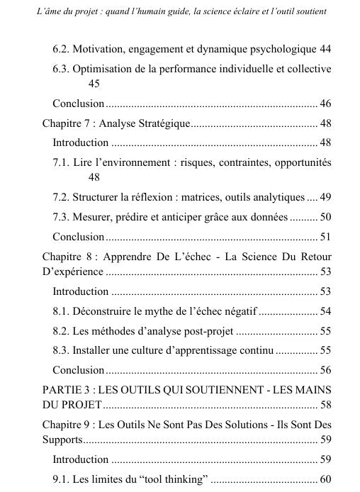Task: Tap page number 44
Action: (x=325, y=50)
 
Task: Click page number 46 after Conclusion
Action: (x=325, y=104)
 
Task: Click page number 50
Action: (x=325, y=217)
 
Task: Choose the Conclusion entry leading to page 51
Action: (x=79, y=236)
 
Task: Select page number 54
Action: (x=325, y=311)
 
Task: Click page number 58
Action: (x=325, y=405)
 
